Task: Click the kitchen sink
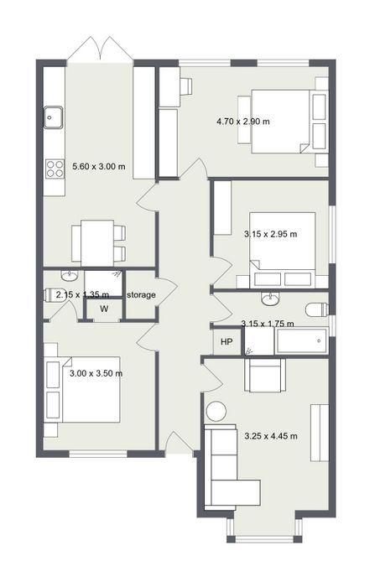(53, 117)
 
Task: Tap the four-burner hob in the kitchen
(55, 169)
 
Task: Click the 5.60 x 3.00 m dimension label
(99, 166)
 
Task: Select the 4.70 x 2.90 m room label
(243, 122)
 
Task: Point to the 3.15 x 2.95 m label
(271, 234)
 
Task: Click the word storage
(141, 295)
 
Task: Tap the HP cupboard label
(226, 341)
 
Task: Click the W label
(104, 309)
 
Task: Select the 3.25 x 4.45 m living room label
(271, 436)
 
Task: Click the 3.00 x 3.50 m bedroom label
(96, 373)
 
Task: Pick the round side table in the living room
(216, 412)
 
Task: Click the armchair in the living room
(265, 376)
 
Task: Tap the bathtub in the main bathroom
(302, 341)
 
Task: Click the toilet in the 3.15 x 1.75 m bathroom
(317, 309)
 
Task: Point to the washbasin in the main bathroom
(270, 299)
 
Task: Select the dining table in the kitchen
(97, 243)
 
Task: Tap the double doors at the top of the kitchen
(100, 49)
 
